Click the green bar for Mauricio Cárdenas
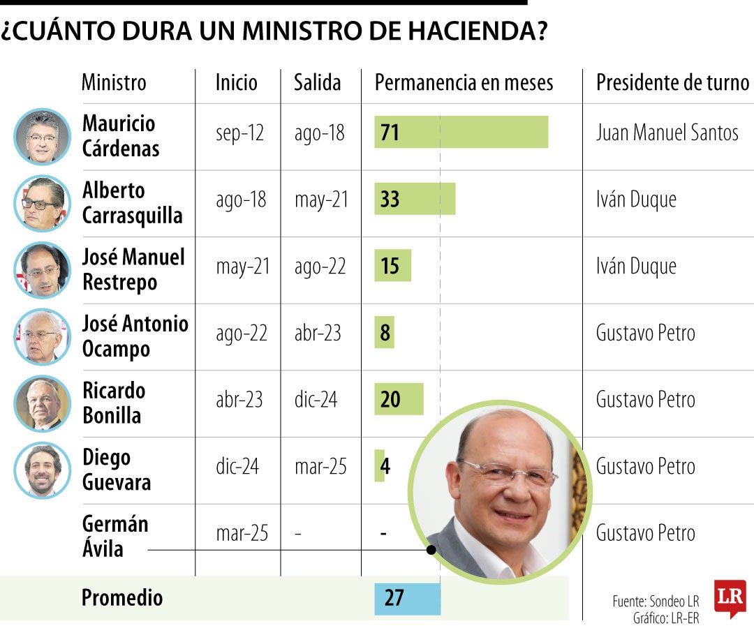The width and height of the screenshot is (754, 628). click(461, 133)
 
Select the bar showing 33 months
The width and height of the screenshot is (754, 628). click(415, 199)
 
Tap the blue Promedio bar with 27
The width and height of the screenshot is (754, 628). click(407, 599)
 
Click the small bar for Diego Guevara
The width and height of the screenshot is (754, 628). click(380, 465)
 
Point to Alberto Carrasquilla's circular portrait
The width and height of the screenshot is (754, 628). click(42, 203)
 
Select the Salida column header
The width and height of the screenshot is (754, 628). click(317, 83)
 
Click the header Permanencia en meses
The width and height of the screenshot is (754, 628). click(464, 83)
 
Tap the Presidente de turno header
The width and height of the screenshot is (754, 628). click(672, 83)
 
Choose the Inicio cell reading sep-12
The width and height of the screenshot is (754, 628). click(239, 133)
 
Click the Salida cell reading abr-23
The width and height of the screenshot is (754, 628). click(318, 333)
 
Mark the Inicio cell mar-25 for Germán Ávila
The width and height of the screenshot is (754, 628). click(242, 533)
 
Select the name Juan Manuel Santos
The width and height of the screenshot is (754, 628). click(667, 133)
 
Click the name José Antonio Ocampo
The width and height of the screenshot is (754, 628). click(135, 336)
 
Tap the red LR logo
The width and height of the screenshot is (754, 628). click(730, 598)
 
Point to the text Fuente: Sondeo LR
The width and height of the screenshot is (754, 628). click(656, 601)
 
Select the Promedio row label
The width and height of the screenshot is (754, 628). click(122, 598)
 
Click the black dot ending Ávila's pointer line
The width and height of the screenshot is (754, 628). click(431, 551)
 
